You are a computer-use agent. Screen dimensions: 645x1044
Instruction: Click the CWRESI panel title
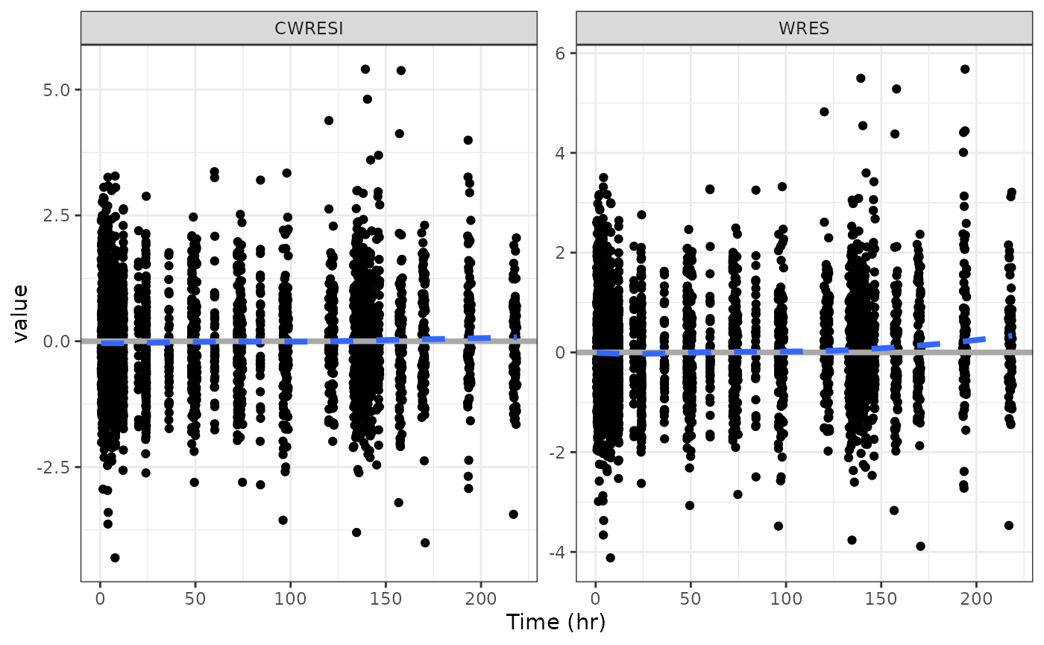click(x=309, y=28)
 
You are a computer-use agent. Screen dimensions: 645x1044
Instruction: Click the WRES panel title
click(x=804, y=28)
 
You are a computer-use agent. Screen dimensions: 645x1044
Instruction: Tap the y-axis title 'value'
click(x=21, y=312)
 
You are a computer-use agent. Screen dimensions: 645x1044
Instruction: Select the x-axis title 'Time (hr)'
click(x=556, y=622)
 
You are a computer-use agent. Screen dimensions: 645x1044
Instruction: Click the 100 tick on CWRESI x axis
click(x=290, y=597)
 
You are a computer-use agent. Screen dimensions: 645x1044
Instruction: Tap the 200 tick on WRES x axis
click(x=976, y=597)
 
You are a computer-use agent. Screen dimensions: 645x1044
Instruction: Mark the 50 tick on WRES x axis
click(x=691, y=597)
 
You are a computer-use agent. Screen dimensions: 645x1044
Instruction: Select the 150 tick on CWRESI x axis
click(x=386, y=597)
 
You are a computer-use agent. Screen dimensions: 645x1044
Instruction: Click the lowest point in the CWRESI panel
click(x=115, y=558)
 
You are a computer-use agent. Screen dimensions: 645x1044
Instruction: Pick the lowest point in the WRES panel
click(x=610, y=558)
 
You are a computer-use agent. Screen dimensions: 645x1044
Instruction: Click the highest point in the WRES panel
click(x=964, y=69)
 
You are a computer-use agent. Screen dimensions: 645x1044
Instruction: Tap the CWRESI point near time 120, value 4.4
click(x=329, y=121)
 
